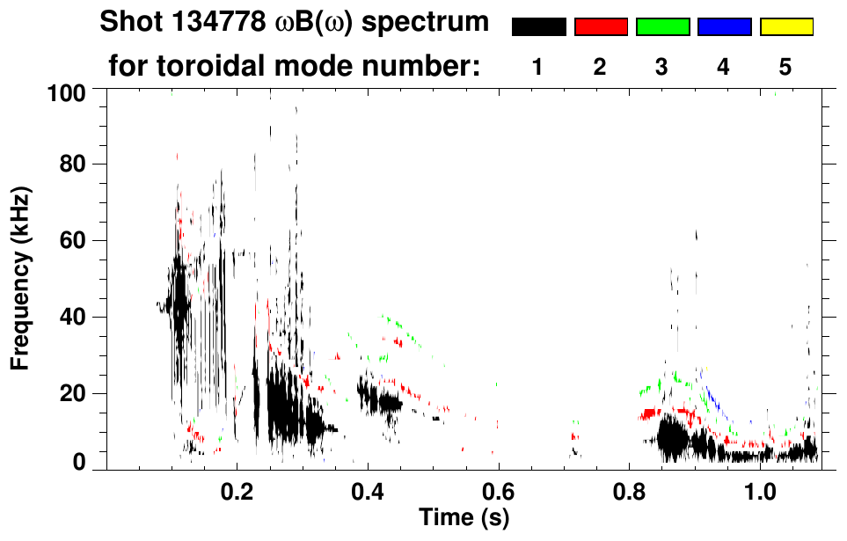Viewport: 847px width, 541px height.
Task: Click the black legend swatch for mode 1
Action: (538, 27)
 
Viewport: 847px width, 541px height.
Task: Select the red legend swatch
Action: (601, 27)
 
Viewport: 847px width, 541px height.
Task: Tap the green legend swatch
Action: (662, 27)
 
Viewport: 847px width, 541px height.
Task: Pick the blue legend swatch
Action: (724, 27)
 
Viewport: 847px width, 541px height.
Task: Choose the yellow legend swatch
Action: (786, 27)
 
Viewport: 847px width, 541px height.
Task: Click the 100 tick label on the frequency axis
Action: (77, 92)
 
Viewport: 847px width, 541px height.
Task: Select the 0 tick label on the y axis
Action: (89, 463)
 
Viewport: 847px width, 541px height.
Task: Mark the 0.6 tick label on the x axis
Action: (499, 491)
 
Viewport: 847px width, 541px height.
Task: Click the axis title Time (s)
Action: (463, 518)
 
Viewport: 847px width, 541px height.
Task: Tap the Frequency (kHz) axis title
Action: (20, 278)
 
